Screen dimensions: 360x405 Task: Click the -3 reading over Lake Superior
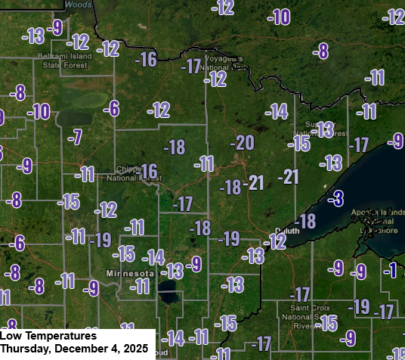pos(336,199)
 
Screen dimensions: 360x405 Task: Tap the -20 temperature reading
pos(243,143)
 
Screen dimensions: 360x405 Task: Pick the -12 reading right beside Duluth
pos(277,242)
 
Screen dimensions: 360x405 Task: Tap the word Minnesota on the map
pos(129,272)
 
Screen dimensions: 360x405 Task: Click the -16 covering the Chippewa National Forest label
pos(147,172)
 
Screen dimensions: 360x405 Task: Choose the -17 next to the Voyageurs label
pos(192,66)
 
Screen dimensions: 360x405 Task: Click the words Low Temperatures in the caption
pos(48,335)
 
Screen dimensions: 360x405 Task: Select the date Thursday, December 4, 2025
pos(73,348)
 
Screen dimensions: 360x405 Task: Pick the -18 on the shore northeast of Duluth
pos(306,222)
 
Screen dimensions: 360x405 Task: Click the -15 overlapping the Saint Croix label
pos(327,324)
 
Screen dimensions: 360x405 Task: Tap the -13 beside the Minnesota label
pos(175,271)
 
